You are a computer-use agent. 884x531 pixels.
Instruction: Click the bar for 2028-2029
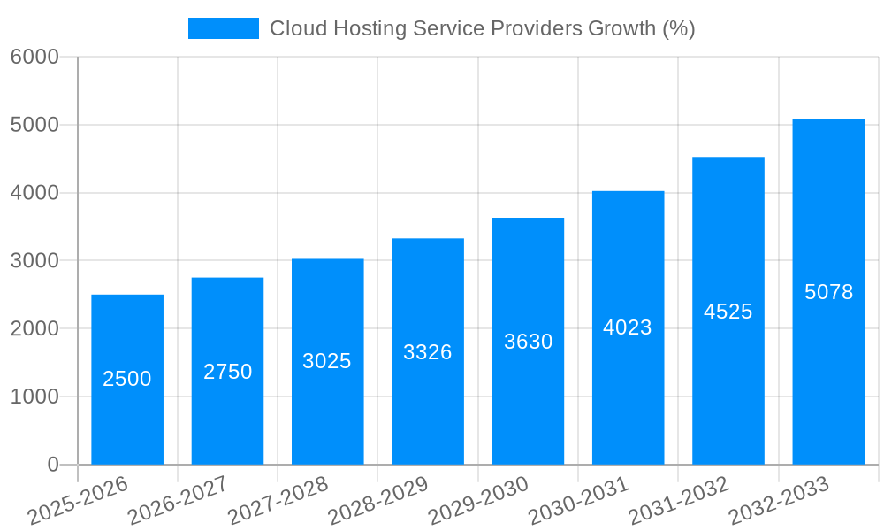point(428,407)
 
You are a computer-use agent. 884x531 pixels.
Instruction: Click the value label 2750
point(228,372)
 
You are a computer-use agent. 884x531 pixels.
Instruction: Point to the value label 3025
point(327,361)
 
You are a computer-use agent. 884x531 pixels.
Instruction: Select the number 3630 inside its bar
point(528,342)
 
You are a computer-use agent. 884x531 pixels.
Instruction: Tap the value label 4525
point(728,312)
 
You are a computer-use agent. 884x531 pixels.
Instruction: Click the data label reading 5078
point(828,292)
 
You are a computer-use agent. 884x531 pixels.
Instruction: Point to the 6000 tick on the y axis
point(34,57)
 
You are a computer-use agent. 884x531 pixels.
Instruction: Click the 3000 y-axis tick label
point(34,261)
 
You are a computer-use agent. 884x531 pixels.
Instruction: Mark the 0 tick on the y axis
point(52,465)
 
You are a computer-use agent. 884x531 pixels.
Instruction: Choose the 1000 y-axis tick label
point(34,396)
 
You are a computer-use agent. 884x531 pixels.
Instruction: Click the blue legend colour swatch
point(223,28)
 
